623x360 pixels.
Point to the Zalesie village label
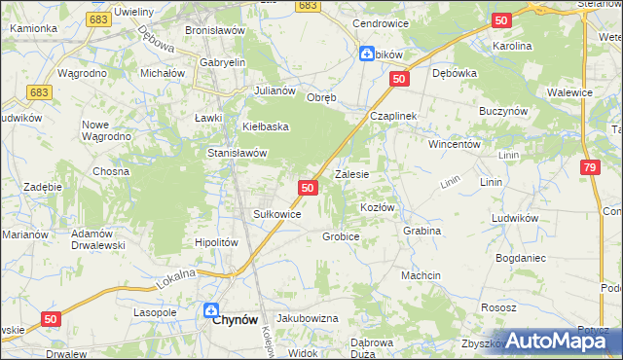click(351, 175)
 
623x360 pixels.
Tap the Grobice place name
click(342, 236)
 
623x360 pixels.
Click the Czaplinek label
click(393, 115)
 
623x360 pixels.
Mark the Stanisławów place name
click(238, 153)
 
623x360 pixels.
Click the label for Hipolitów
click(217, 243)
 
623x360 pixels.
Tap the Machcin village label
click(421, 275)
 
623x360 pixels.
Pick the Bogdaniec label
click(521, 259)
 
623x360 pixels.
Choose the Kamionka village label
click(34, 28)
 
